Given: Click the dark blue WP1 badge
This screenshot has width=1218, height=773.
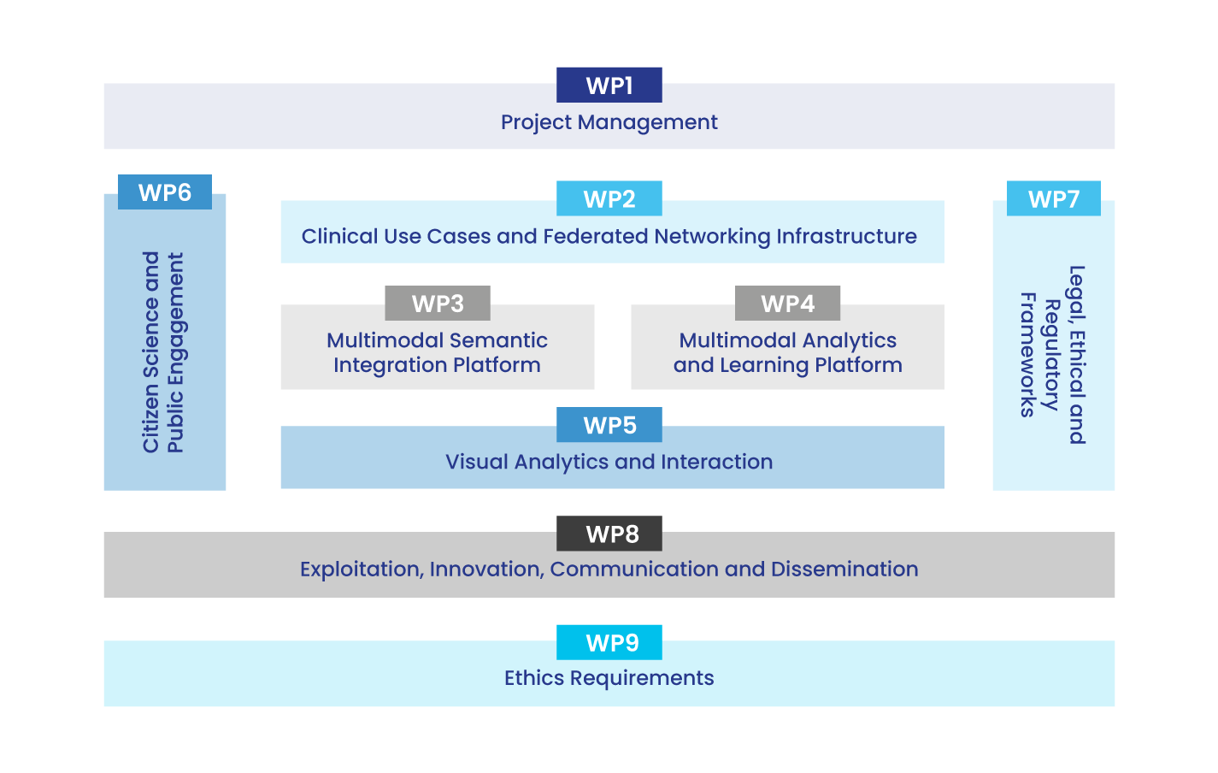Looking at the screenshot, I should click(609, 86).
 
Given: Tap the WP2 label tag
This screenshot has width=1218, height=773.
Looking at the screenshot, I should click(609, 199).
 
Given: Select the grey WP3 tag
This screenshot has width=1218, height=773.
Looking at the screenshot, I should click(438, 304).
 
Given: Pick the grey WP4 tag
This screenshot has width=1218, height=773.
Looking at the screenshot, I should click(788, 304).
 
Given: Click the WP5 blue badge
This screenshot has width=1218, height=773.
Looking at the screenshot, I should click(609, 425).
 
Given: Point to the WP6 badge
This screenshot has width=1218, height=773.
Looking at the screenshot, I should click(165, 192).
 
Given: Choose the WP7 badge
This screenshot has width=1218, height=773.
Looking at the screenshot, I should click(1054, 199).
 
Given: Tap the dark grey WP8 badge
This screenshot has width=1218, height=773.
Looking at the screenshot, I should click(609, 534).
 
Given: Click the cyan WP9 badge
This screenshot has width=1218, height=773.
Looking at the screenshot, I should click(609, 642).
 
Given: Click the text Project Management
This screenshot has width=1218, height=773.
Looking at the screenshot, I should click(609, 122).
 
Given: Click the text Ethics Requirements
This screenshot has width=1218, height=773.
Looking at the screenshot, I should click(609, 678).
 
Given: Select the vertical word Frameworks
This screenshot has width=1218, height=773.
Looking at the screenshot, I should click(1028, 355).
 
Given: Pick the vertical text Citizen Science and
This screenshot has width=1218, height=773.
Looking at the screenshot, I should click(151, 352).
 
